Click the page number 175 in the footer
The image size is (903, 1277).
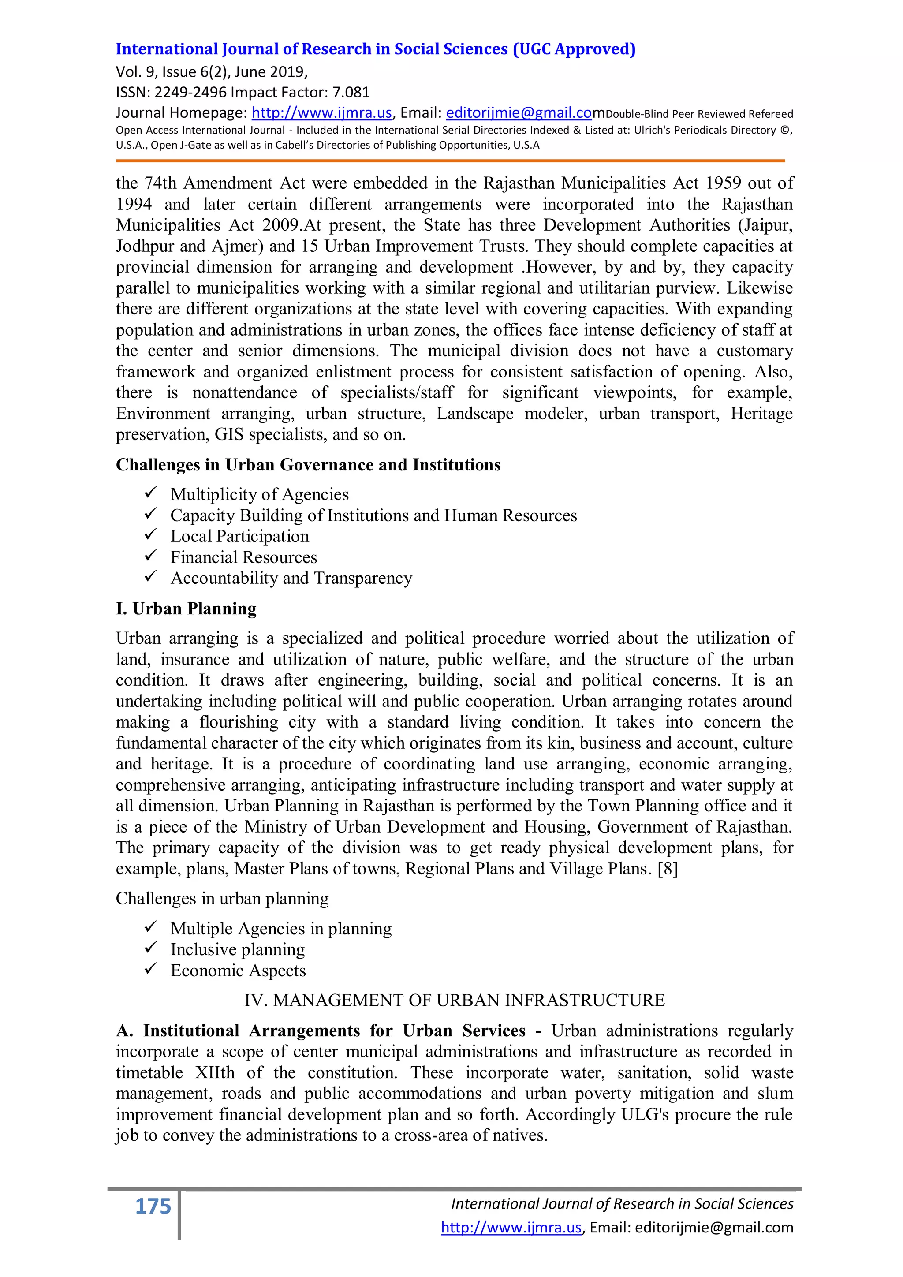point(153,1207)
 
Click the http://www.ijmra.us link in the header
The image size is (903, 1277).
point(321,113)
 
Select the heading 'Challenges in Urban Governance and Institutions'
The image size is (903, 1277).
point(308,465)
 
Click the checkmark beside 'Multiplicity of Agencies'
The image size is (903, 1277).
point(151,493)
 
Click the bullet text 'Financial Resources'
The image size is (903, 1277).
point(243,557)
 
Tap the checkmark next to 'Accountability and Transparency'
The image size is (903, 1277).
point(151,577)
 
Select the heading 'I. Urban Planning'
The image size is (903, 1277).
point(186,609)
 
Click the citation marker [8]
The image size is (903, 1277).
point(667,869)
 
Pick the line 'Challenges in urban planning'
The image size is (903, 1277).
point(222,899)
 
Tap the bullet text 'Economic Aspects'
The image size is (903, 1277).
point(238,971)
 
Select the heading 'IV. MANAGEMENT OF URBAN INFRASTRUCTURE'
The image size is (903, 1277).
point(454,1001)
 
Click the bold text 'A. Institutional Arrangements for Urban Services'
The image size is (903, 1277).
point(320,1031)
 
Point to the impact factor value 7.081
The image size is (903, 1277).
point(351,92)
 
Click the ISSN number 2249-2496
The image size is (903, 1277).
point(190,92)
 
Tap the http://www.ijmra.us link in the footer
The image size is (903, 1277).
point(511,1228)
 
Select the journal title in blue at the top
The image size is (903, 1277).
point(375,49)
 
